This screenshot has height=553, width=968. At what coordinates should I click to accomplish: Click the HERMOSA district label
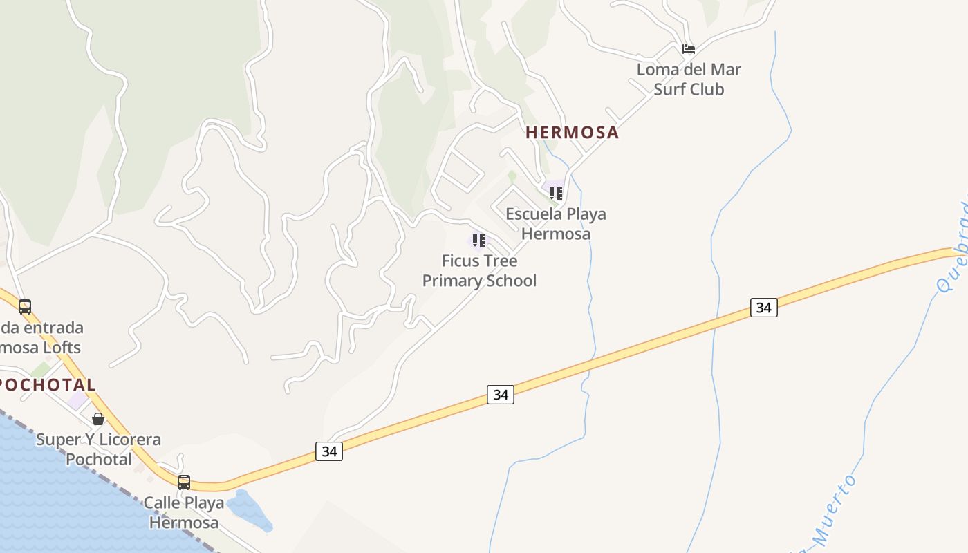tap(572, 132)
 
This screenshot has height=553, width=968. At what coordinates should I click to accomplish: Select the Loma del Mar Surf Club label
tap(689, 79)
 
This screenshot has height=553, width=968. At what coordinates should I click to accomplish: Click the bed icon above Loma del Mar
tap(689, 49)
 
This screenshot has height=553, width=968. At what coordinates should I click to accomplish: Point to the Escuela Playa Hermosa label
tap(556, 223)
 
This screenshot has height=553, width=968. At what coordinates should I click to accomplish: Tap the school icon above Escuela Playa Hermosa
tap(556, 193)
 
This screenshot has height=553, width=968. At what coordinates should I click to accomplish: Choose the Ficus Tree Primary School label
tap(479, 270)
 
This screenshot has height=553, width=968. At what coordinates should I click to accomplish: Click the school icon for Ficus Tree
tap(478, 240)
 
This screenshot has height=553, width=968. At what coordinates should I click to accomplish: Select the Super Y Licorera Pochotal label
tap(98, 449)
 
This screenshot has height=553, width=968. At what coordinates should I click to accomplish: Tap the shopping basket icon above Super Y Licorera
tap(98, 419)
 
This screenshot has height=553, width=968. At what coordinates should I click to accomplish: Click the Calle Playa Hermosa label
tap(184, 512)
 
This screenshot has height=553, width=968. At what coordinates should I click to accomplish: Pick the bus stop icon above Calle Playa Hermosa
tap(184, 482)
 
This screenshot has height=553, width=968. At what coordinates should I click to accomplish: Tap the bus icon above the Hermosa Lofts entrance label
tap(25, 306)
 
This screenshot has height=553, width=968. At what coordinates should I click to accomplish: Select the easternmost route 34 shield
tap(763, 307)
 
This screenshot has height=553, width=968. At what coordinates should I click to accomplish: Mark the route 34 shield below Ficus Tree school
tap(501, 395)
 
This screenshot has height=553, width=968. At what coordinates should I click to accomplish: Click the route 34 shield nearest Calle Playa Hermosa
tap(329, 451)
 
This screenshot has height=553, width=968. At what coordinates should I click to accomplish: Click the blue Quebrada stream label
tap(955, 249)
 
